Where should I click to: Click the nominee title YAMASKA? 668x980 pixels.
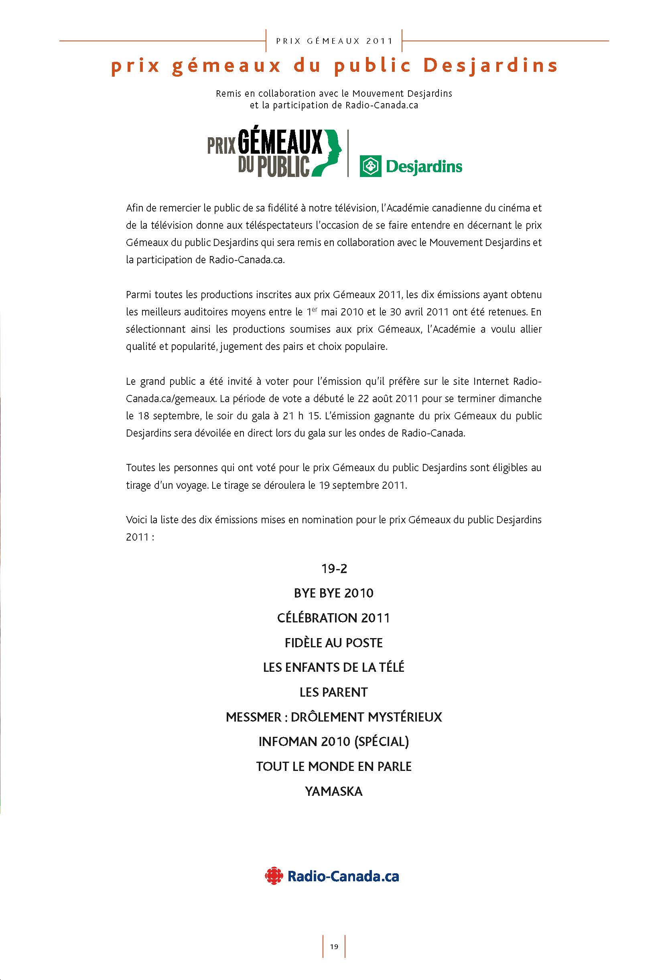coord(334,791)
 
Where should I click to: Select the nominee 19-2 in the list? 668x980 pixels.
coord(334,569)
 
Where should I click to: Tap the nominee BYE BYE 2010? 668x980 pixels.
coord(334,593)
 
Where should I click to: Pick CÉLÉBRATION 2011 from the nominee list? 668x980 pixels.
coord(334,618)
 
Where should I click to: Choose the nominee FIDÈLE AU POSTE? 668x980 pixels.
coord(334,643)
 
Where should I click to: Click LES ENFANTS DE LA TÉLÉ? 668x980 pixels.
coord(334,667)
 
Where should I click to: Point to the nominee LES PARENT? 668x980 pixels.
coord(334,692)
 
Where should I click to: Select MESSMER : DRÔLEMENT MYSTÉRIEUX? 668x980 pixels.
coord(334,717)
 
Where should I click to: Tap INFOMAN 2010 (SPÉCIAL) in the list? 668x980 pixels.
coord(334,742)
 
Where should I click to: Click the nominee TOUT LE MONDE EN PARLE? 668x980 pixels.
coord(334,767)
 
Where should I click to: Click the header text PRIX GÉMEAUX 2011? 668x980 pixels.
coord(334,41)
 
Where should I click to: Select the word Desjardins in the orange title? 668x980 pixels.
coord(490,66)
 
